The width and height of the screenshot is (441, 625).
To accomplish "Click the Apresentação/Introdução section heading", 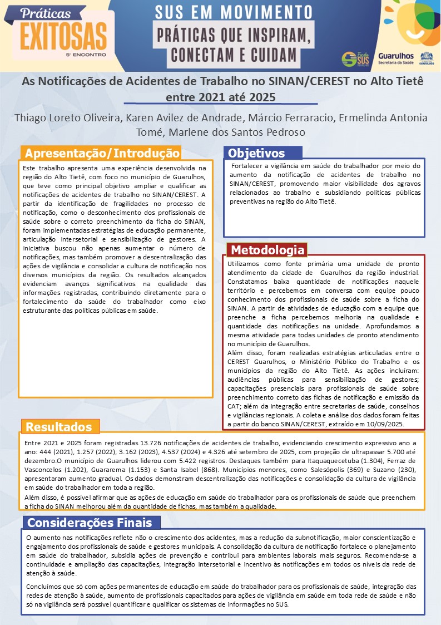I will pyautogui.click(x=102, y=153).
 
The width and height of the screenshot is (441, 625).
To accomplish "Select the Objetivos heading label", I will pyautogui.click(x=256, y=153).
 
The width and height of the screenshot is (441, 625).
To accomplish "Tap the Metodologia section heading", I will pyautogui.click(x=267, y=249).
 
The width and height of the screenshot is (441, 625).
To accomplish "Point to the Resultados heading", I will pyautogui.click(x=59, y=427).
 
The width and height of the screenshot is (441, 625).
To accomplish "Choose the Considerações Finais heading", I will pyautogui.click(x=90, y=523).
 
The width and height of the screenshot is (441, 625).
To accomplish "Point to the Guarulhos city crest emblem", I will pyautogui.click(x=427, y=58).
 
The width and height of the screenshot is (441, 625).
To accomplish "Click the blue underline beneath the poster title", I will pyautogui.click(x=220, y=104).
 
